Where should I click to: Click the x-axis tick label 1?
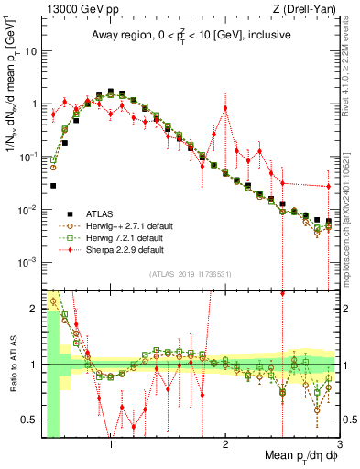pos(111,442)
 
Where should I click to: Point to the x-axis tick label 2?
pos(225,442)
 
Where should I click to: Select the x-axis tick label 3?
pos(339,442)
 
